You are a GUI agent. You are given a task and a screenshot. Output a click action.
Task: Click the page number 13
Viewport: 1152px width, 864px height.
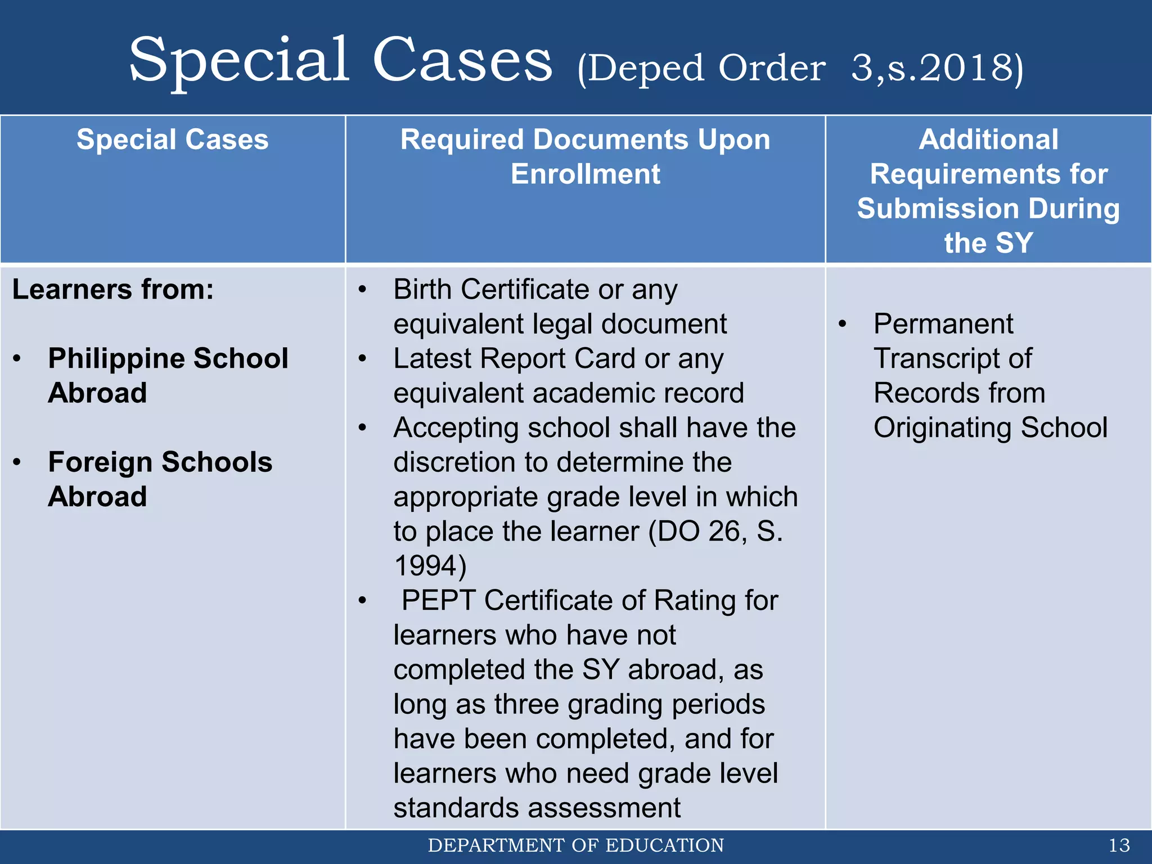tap(1119, 845)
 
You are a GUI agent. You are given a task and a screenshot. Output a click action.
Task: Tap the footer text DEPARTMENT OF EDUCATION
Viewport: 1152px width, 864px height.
tap(575, 845)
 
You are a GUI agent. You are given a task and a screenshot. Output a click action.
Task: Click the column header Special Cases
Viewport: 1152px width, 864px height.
tap(172, 139)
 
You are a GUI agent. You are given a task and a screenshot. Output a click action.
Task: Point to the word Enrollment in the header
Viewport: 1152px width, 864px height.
tap(585, 174)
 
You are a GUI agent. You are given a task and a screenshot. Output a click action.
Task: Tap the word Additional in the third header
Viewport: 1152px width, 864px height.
tap(988, 139)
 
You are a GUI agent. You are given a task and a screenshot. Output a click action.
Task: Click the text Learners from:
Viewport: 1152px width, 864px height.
tap(113, 290)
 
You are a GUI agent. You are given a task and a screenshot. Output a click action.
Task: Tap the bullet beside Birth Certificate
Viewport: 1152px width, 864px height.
tap(363, 290)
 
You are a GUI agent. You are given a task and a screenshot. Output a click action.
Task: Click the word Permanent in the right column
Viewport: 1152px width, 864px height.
tap(943, 325)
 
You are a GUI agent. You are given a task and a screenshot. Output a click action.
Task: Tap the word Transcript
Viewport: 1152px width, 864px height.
tap(933, 359)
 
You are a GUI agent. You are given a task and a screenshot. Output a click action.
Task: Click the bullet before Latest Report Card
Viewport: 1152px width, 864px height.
tap(363, 359)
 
